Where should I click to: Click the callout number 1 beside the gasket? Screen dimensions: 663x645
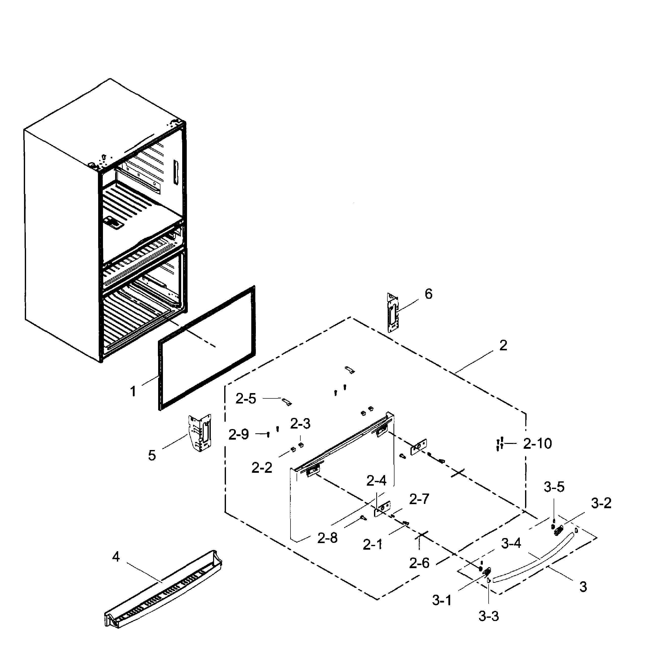coord(133,391)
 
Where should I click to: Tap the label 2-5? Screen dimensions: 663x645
coord(246,399)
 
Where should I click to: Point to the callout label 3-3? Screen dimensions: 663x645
coord(488,616)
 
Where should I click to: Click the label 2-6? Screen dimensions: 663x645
coord(419,563)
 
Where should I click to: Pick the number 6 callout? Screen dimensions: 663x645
coord(429,294)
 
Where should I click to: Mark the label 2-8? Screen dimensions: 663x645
coord(327,538)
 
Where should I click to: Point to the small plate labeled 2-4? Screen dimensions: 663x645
coord(382,509)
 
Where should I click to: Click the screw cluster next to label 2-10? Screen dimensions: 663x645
coord(499,444)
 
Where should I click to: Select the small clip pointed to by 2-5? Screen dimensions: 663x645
coord(287,402)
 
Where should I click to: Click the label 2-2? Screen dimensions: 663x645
coord(262,468)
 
